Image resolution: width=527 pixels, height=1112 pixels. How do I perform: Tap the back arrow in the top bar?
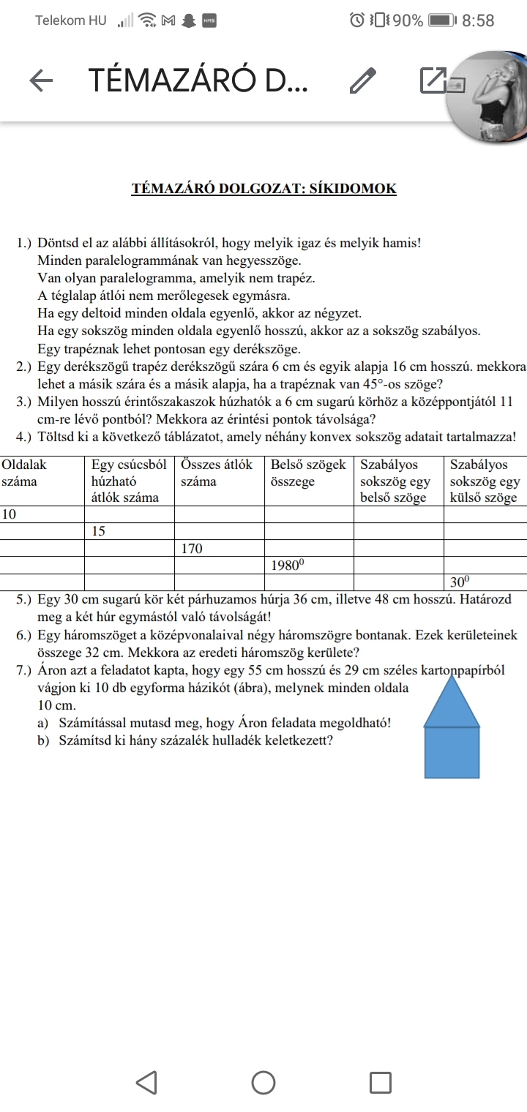click(41, 80)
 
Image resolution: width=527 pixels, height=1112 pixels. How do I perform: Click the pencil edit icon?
click(362, 80)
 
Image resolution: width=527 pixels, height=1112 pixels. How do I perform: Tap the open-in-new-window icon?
click(433, 80)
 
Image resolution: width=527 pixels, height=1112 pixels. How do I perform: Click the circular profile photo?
click(489, 95)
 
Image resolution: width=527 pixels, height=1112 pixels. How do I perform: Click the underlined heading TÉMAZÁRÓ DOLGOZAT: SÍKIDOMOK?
click(263, 189)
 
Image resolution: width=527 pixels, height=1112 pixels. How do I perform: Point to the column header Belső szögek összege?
click(308, 473)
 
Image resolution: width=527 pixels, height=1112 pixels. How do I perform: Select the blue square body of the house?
click(452, 752)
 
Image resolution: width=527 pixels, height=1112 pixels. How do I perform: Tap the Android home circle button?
click(263, 1083)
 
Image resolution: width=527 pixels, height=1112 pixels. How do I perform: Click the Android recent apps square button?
click(380, 1083)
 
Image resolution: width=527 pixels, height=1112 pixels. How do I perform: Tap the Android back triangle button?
click(146, 1083)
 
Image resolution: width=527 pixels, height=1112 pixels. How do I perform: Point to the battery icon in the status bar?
click(441, 20)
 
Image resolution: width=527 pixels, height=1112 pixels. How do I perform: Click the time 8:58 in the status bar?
click(478, 20)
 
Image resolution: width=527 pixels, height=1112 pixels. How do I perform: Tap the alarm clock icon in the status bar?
click(357, 20)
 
